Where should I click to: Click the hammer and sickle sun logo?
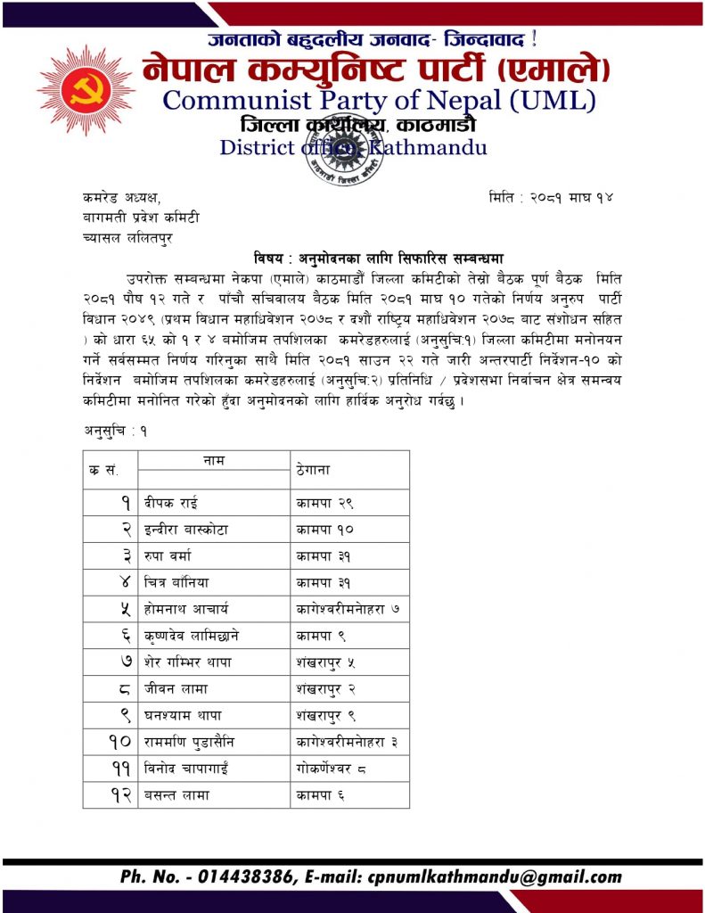(86, 89)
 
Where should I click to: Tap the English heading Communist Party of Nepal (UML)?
(379, 100)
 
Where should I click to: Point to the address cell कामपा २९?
(319, 502)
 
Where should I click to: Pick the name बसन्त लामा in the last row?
(176, 794)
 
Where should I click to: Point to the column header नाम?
(213, 460)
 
